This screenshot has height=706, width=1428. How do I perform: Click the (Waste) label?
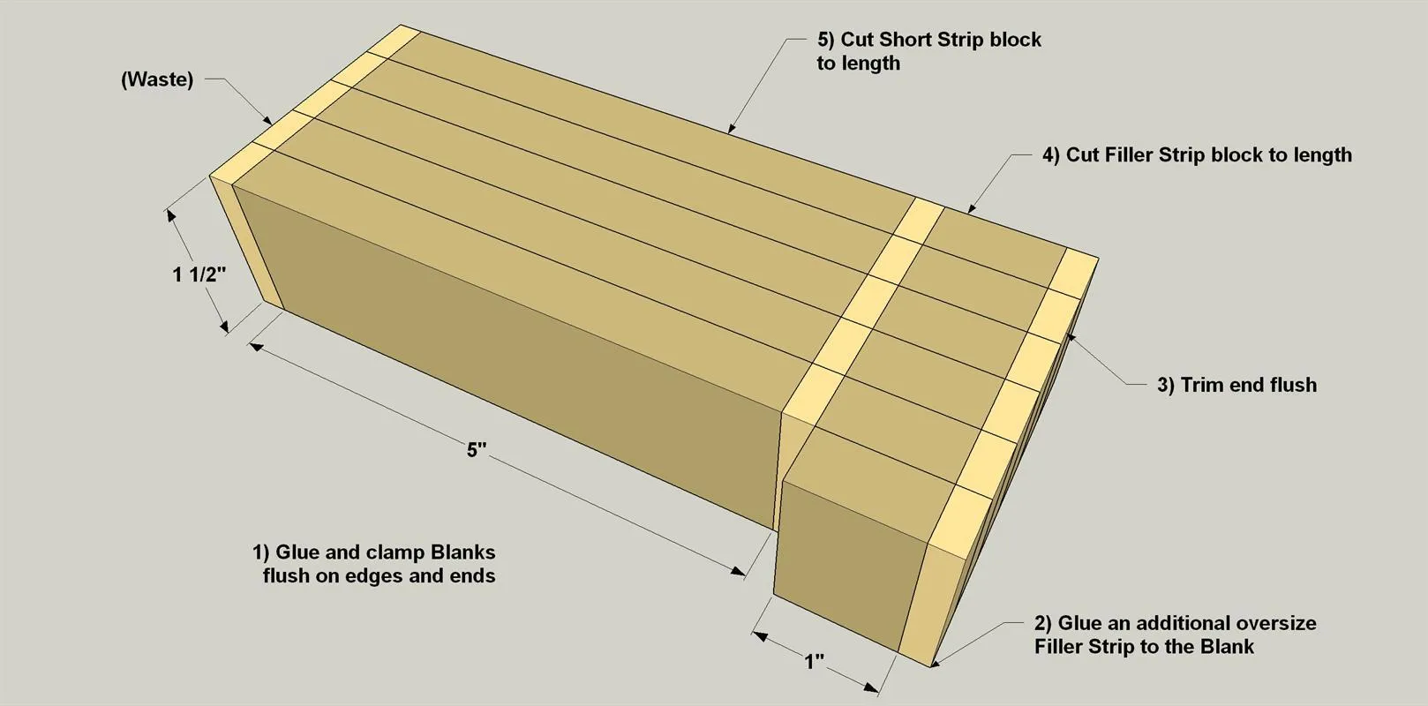pyautogui.click(x=157, y=79)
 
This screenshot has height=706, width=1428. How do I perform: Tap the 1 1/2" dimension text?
pyautogui.click(x=199, y=274)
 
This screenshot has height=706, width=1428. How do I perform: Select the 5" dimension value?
pyautogui.click(x=477, y=450)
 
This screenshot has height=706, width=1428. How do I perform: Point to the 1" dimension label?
pyautogui.click(x=814, y=662)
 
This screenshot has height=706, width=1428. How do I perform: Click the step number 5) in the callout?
pyautogui.click(x=825, y=40)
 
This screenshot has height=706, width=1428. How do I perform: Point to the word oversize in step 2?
pyautogui.click(x=1274, y=622)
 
